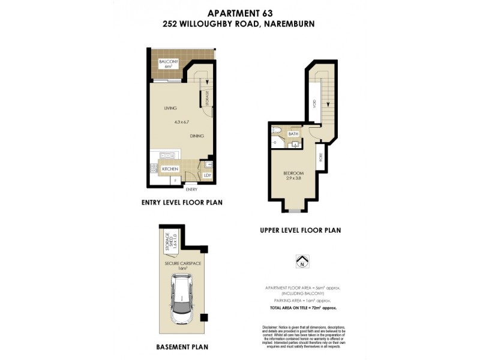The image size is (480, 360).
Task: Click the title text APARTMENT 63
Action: [239, 13]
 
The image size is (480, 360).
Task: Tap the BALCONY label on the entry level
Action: [165, 62]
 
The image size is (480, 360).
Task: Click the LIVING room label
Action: [172, 109]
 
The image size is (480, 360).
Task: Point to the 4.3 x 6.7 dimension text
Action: [182, 122]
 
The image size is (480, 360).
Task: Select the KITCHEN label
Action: [170, 169]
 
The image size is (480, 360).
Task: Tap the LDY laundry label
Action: [207, 175]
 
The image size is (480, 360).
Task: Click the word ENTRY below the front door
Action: [191, 190]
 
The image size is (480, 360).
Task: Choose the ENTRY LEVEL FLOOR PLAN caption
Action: [181, 203]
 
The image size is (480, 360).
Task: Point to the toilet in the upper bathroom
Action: [277, 130]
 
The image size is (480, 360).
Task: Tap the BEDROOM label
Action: [293, 173]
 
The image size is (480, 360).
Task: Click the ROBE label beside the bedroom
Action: [320, 158]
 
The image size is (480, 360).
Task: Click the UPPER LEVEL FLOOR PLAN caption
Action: [301, 230]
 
